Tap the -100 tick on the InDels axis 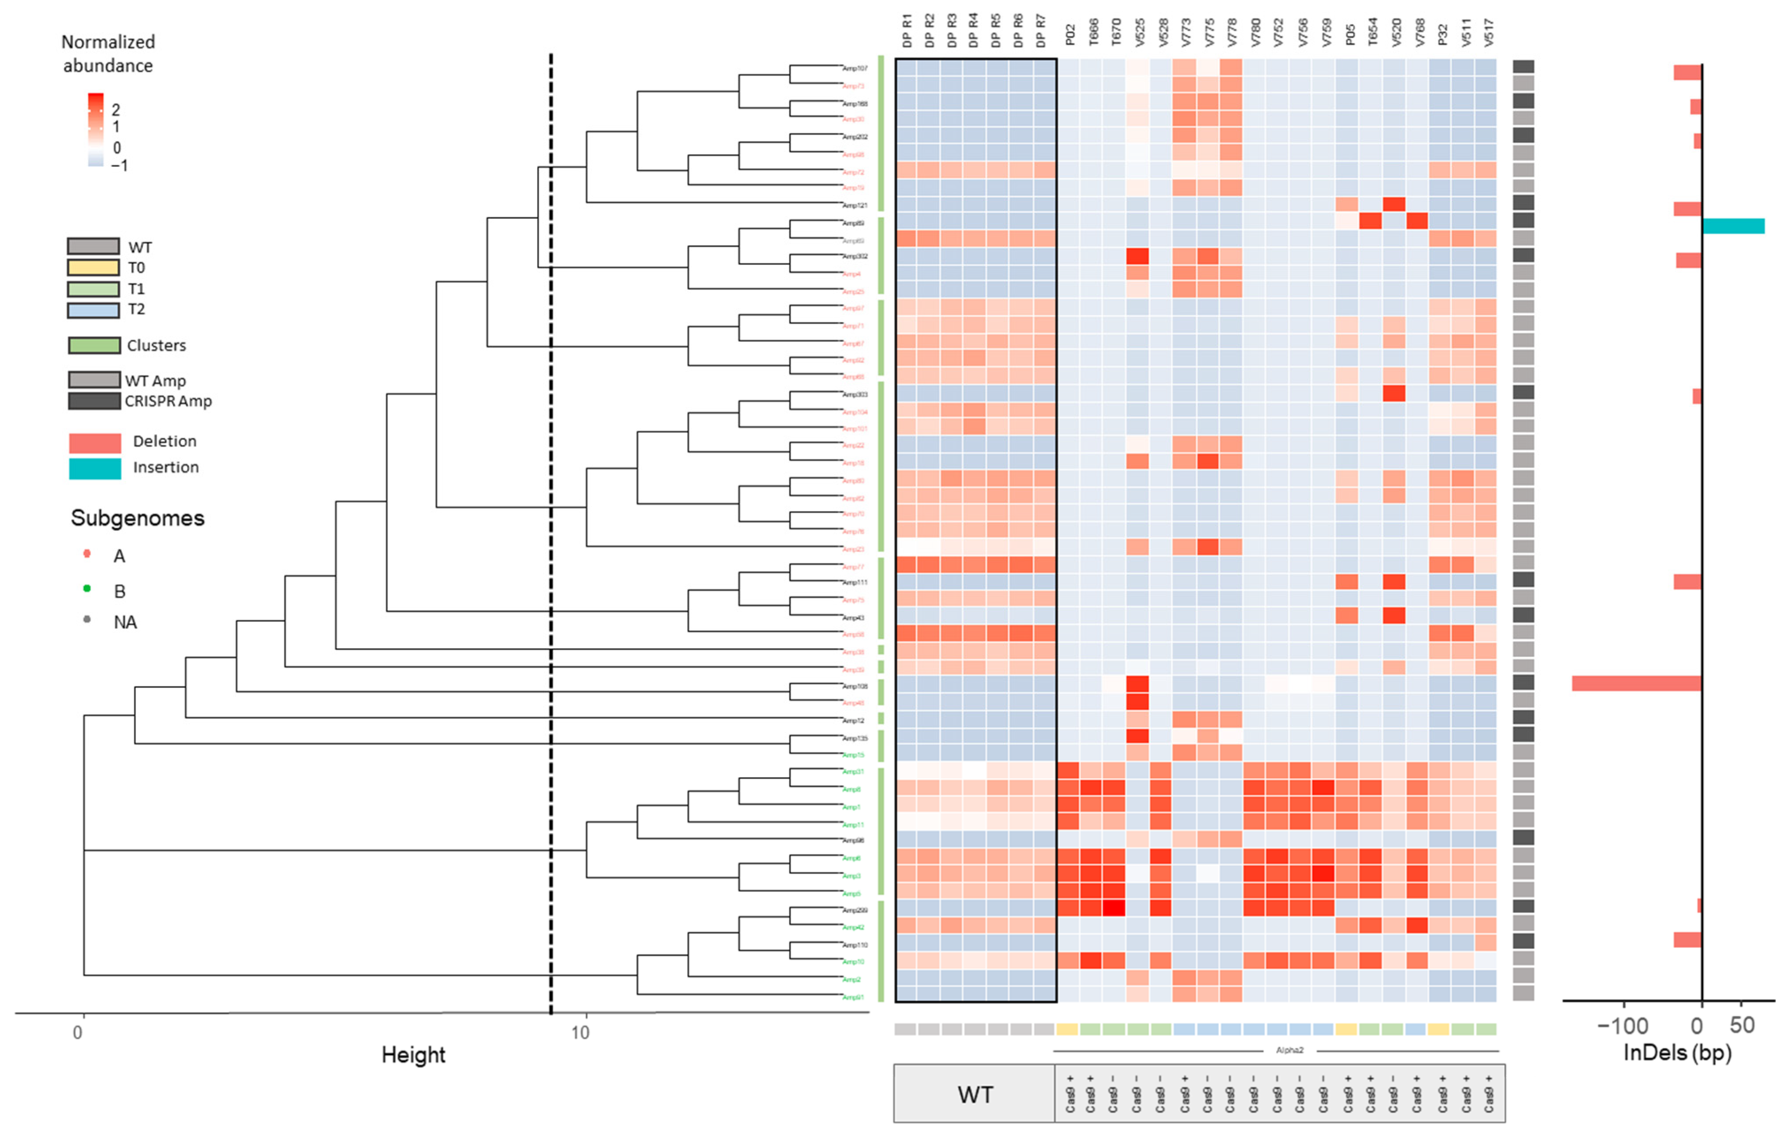pos(1623,1026)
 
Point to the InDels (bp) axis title pos(1677,1053)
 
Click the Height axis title pos(413,1055)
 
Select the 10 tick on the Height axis pos(580,1032)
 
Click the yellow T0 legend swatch pos(93,267)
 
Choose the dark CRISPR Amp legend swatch pos(94,401)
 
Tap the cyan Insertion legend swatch pos(95,468)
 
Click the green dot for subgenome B pos(88,588)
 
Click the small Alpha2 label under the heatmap pos(1290,1050)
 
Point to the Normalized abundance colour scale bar pos(95,130)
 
